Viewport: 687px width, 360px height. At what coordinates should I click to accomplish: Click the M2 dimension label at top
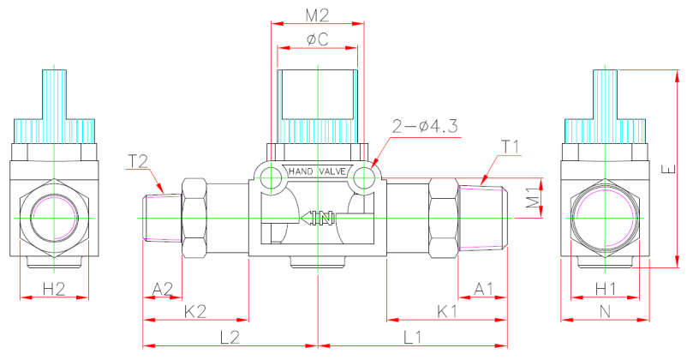(317, 15)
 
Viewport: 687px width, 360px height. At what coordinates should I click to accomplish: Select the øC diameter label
(317, 39)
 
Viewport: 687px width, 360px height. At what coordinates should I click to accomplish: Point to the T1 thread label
(511, 146)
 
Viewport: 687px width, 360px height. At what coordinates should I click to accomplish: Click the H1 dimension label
(605, 286)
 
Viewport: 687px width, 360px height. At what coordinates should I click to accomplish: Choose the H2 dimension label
(54, 286)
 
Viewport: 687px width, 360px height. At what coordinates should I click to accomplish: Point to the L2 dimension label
(229, 337)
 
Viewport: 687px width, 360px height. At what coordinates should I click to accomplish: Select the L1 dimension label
(410, 337)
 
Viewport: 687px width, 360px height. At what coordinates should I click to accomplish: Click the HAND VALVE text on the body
(317, 171)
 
